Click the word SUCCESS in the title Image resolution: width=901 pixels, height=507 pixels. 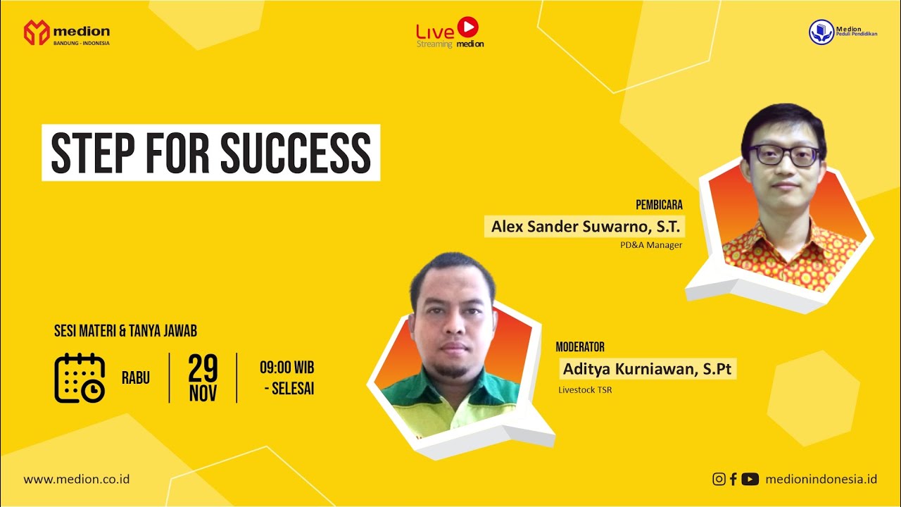pos(296,153)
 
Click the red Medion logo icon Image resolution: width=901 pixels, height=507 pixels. pos(36,33)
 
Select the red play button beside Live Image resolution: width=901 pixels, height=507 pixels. pos(467,27)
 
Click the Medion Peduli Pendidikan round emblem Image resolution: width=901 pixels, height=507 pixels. pos(821,32)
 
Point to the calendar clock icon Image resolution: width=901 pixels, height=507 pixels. pos(80,378)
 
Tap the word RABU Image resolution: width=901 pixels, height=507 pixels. pos(136,378)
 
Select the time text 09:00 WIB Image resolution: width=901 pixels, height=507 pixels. pos(286,368)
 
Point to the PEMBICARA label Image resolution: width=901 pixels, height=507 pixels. pos(659,206)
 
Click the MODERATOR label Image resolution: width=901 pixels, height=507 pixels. pos(580,347)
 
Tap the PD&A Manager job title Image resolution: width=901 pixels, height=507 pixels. pos(651,245)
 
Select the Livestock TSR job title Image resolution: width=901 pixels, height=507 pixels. pos(585,389)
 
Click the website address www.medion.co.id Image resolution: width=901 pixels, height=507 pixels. pos(77,479)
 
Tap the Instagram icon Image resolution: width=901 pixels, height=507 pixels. pos(719,479)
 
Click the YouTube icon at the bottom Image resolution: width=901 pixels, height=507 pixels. pos(750,479)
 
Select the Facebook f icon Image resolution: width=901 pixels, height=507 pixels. pos(733,479)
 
